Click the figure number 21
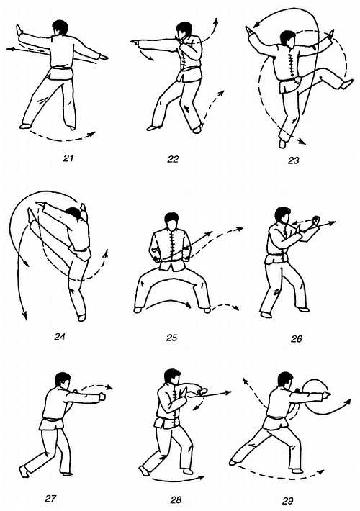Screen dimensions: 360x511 [68, 158]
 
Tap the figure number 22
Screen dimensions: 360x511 [173, 159]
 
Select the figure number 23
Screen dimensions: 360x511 [294, 160]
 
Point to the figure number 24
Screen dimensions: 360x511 [60, 336]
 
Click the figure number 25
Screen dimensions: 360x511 [171, 338]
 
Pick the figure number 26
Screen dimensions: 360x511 [297, 338]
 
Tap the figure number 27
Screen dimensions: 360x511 [50, 499]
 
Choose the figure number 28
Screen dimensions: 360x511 [176, 499]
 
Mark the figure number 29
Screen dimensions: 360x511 [287, 501]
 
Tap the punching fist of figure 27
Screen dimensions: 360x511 [103, 397]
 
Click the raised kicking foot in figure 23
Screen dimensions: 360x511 [346, 84]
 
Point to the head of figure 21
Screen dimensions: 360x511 [60, 27]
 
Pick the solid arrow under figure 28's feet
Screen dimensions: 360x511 [178, 480]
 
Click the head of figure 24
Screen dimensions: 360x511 [73, 214]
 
